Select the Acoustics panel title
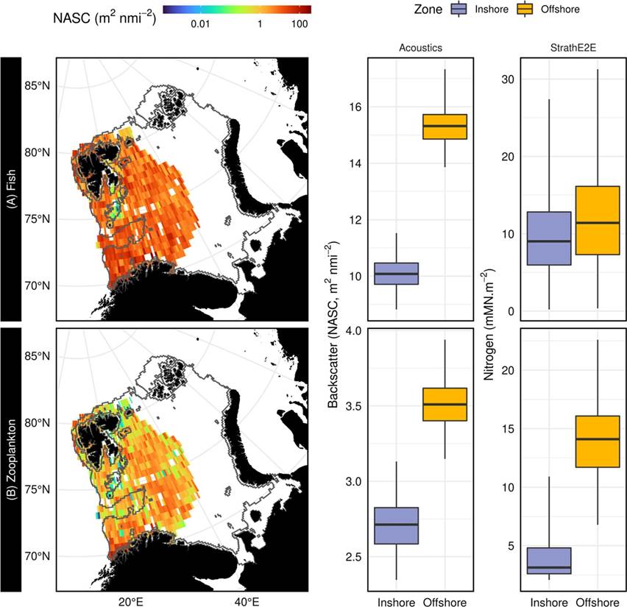(421, 49)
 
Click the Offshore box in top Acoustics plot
(445, 127)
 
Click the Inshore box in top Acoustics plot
(397, 274)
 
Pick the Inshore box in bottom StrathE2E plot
(550, 561)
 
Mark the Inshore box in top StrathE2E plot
(550, 238)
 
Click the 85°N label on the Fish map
(38, 86)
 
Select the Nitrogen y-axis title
(489, 324)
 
